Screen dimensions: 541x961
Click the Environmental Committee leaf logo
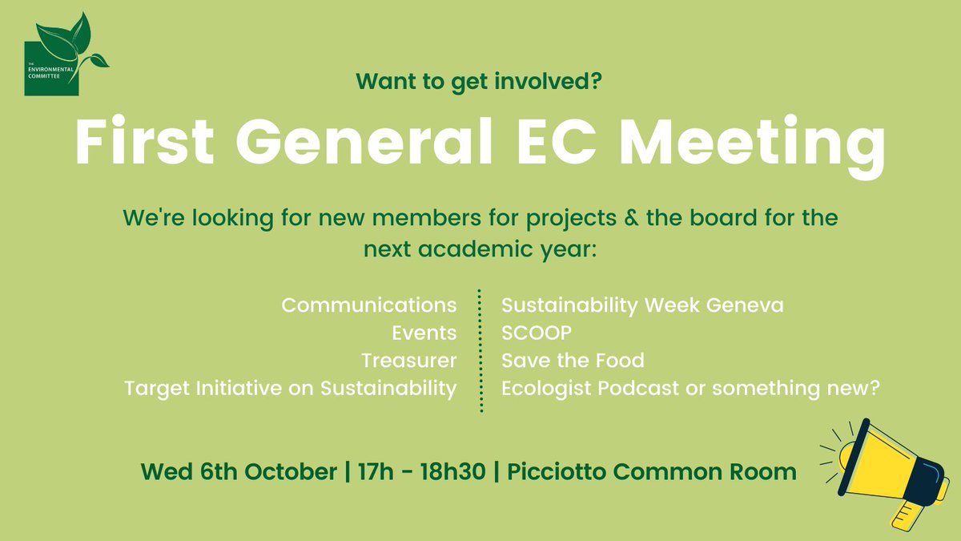click(x=64, y=59)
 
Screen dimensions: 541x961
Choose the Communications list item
click(x=369, y=305)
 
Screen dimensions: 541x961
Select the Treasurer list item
click(x=408, y=361)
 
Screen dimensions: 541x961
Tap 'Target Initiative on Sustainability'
click(x=291, y=389)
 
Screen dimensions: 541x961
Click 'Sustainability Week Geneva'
click(x=642, y=305)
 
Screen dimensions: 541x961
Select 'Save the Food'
click(x=572, y=361)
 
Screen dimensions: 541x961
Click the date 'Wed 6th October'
click(x=239, y=472)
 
